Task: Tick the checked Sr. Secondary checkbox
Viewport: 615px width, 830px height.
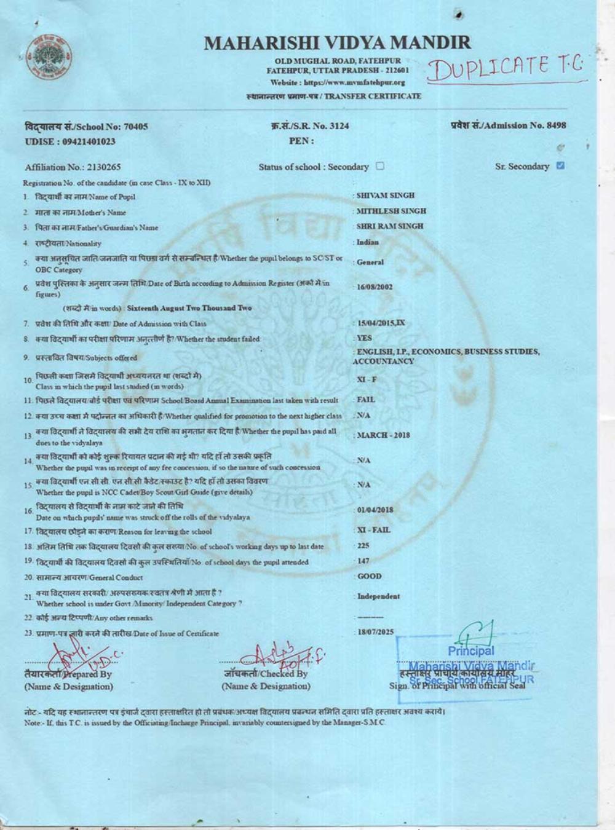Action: tap(560, 165)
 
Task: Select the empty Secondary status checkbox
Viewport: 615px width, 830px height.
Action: tap(380, 166)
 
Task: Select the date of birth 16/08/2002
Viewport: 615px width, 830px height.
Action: tap(375, 287)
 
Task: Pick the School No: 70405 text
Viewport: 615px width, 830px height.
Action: tap(86, 127)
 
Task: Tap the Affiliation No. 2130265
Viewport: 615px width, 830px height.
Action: tap(73, 167)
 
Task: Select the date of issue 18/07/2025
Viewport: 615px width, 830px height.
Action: tap(375, 631)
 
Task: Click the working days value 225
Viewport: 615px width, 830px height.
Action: tap(363, 545)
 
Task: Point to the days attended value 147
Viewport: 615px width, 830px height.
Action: tap(363, 561)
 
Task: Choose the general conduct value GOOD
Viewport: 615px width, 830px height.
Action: tap(369, 576)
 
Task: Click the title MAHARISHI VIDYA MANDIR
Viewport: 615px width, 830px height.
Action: tap(337, 42)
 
